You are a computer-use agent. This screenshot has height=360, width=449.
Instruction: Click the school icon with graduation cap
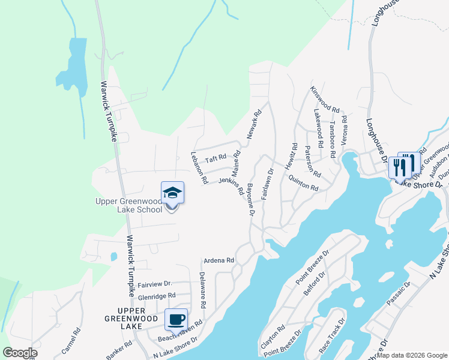click(x=172, y=193)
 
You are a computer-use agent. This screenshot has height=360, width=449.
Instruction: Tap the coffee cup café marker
click(x=176, y=319)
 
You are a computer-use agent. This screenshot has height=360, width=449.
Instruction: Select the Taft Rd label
click(x=215, y=159)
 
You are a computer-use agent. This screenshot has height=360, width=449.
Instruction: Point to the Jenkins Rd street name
click(x=231, y=184)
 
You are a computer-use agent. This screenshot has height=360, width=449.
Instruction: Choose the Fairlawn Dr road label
click(x=267, y=184)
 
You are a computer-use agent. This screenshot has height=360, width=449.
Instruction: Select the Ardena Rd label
click(x=218, y=260)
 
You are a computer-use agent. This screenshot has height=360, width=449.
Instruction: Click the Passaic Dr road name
click(x=399, y=295)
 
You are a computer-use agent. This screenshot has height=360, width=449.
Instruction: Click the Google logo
click(x=20, y=353)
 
